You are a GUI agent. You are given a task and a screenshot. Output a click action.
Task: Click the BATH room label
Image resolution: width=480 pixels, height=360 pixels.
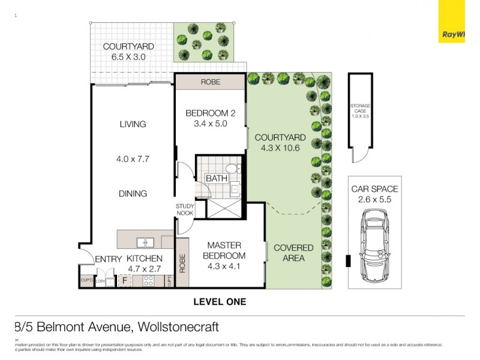216,179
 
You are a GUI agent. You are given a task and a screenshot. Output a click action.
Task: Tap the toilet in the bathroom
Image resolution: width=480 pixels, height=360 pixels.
232,169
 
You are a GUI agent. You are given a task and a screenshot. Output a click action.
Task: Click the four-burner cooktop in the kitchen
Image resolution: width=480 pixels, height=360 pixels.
148,280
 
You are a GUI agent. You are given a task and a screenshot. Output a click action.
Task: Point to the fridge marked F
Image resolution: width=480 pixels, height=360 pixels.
125,280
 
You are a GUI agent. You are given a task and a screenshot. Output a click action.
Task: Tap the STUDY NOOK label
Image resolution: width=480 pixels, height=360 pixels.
185,210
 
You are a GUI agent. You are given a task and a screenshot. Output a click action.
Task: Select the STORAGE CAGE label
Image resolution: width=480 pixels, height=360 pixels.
361,110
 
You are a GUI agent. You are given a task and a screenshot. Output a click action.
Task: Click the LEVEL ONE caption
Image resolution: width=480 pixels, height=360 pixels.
220,302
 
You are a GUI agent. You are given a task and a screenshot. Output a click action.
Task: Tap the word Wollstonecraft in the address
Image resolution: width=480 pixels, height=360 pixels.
178,327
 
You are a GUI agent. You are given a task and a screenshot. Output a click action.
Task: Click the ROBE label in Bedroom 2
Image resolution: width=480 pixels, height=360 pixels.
210,82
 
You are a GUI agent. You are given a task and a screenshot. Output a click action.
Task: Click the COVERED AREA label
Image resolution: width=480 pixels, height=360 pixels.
293,253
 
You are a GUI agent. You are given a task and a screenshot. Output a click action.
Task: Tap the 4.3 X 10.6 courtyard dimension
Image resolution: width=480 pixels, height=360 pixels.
283,148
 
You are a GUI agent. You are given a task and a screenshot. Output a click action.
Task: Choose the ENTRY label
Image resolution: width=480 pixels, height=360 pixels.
108,259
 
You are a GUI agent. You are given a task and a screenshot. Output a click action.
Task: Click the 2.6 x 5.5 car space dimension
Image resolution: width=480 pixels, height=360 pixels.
374,199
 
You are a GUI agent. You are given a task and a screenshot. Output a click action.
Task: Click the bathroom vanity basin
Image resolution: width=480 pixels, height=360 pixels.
236,188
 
